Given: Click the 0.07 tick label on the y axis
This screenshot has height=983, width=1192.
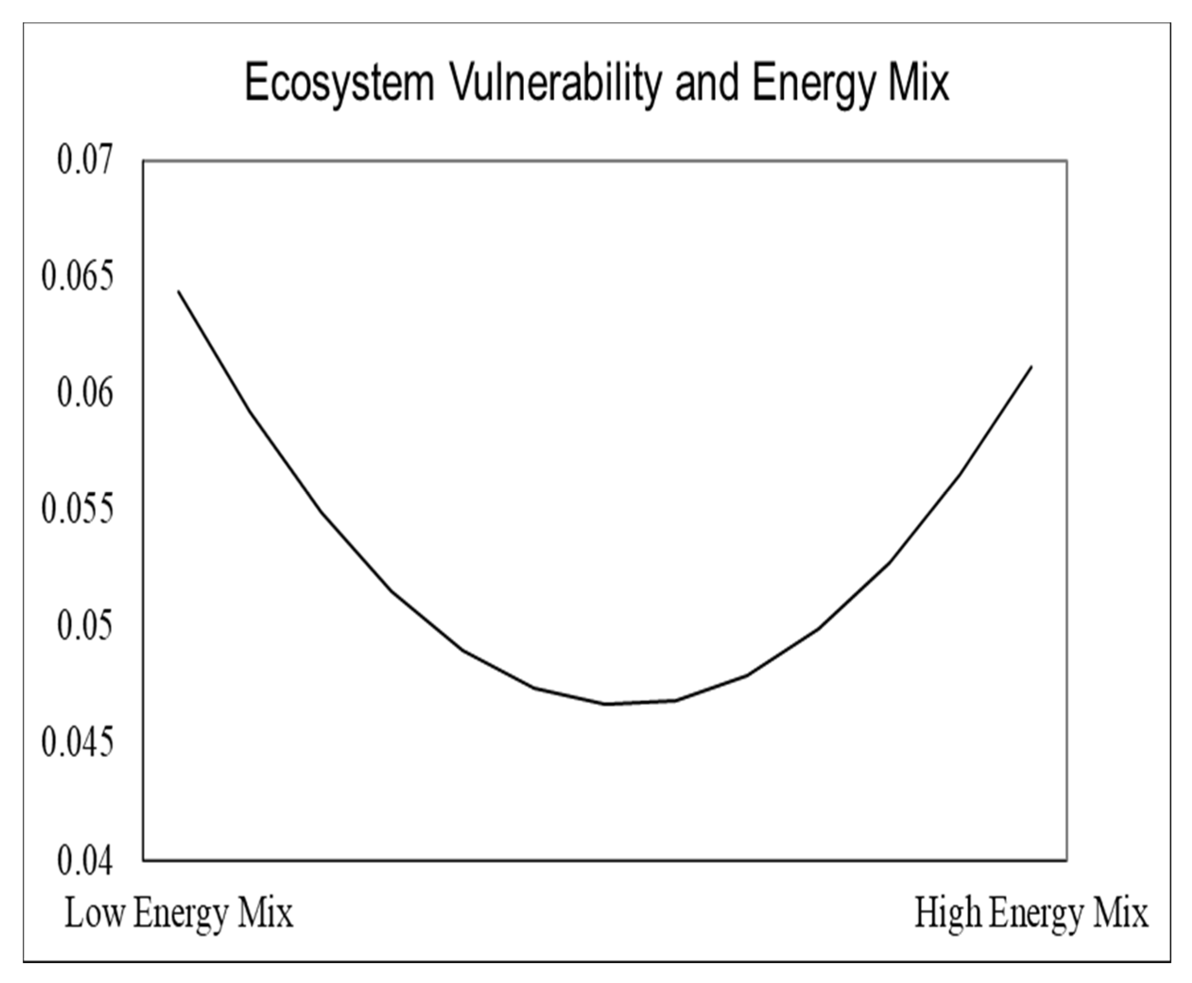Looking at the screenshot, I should click(85, 160).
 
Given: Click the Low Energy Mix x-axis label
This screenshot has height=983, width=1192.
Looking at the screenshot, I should click(179, 913).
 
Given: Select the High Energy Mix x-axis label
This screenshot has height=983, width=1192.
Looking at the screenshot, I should click(1031, 913).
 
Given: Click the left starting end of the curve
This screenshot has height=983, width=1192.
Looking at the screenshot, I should click(179, 291).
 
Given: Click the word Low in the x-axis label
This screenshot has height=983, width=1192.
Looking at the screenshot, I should click(94, 913).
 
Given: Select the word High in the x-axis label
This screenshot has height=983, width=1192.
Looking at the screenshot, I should click(948, 913).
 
